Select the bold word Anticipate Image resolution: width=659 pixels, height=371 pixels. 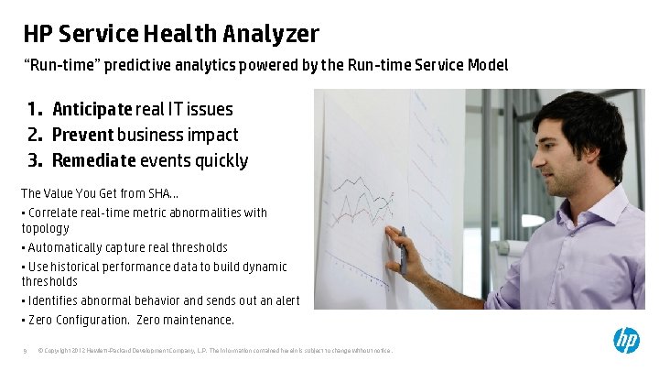[x=92, y=109]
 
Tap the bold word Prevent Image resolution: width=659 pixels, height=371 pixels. [x=82, y=135]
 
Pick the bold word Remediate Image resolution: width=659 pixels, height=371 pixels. [x=93, y=160]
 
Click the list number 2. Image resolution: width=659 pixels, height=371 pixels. [x=35, y=135]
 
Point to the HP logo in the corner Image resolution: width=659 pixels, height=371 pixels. [x=626, y=341]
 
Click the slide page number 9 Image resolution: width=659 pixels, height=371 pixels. [x=26, y=349]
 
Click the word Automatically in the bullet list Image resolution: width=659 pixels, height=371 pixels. [x=66, y=247]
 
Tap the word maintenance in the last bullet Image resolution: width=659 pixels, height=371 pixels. [x=198, y=320]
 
